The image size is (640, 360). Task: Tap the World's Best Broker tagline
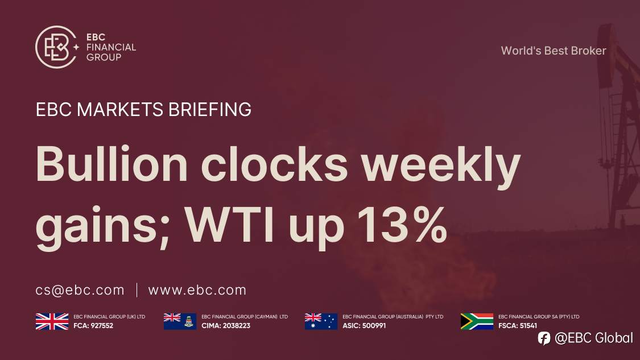tap(553, 51)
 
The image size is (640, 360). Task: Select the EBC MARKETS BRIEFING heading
tap(143, 109)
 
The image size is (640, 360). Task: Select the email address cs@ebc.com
tap(80, 290)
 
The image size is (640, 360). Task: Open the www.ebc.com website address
tap(197, 290)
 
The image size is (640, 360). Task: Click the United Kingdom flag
tap(52, 321)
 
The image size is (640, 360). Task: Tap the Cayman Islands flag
tap(180, 321)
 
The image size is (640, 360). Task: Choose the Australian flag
tap(321, 321)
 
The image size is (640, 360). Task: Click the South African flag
tap(477, 321)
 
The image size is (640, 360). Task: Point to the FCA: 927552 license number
tap(94, 326)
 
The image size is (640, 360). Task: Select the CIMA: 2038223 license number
tap(226, 326)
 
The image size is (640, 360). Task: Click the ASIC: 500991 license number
tap(365, 326)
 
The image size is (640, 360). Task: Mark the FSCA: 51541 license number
tap(518, 326)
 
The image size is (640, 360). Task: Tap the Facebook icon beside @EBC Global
tap(544, 338)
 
